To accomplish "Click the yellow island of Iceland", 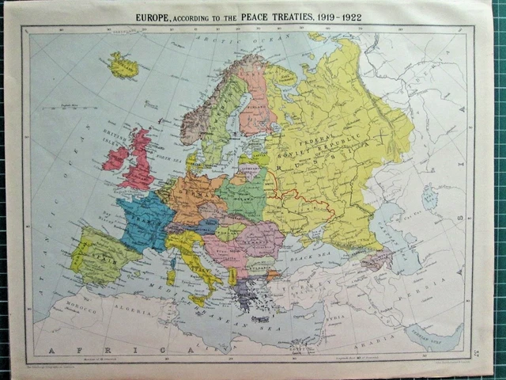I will tap(123, 65).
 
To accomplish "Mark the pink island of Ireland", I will tap(115, 159).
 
